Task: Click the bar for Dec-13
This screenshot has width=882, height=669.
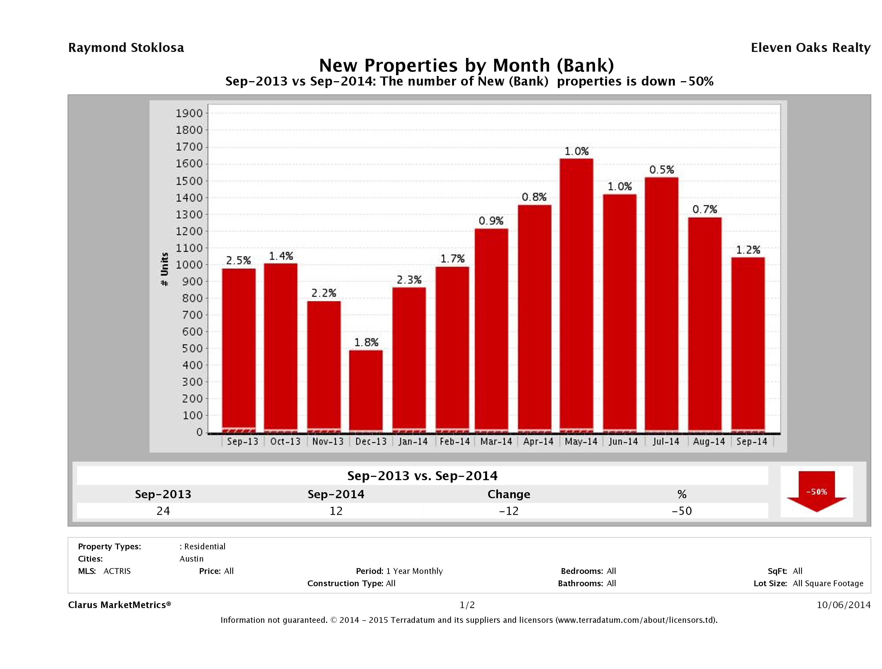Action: tap(366, 391)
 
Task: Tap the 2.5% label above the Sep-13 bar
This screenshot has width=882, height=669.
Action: tap(238, 260)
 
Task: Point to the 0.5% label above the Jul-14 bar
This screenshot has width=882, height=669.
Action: tap(661, 170)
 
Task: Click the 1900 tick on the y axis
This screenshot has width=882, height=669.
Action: tap(189, 113)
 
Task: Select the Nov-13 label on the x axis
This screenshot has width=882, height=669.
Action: tap(328, 441)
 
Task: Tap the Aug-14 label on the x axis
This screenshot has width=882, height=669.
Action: tap(708, 441)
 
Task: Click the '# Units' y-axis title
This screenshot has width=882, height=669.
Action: tap(164, 269)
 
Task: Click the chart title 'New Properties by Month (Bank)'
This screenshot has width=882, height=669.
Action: tap(467, 65)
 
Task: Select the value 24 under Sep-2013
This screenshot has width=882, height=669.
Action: tap(163, 511)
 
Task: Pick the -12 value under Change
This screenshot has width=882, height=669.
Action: tap(509, 511)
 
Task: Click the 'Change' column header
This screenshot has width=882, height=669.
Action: tap(509, 494)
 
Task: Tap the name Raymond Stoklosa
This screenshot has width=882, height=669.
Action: tap(126, 48)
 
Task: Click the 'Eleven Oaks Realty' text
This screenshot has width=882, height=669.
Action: tap(810, 48)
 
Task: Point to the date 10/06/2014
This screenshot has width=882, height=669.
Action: tap(843, 605)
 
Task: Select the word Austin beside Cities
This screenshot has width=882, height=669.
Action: tap(191, 559)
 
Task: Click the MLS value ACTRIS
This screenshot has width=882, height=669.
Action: tap(117, 571)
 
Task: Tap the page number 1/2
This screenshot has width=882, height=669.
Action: tap(467, 605)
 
